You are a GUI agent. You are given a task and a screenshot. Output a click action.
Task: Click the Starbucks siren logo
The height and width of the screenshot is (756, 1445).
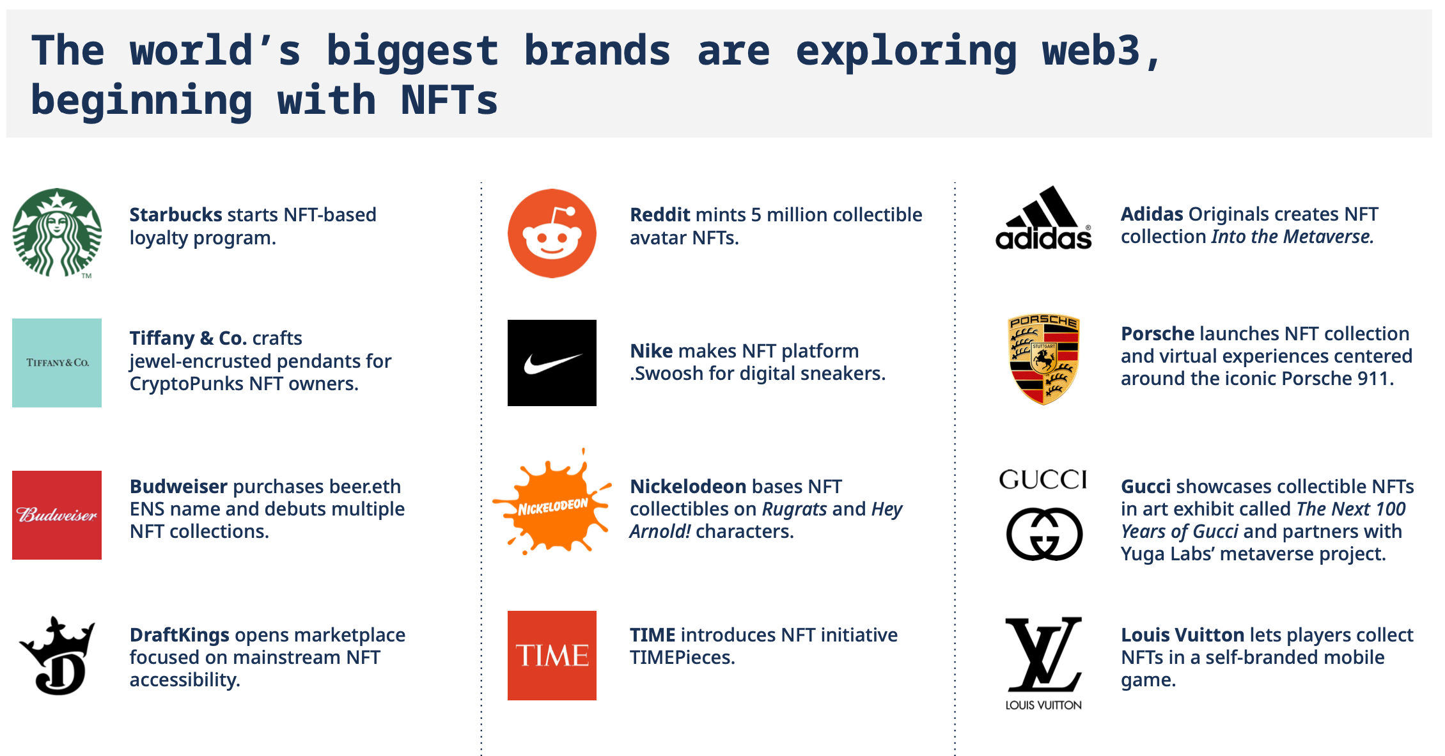[57, 232]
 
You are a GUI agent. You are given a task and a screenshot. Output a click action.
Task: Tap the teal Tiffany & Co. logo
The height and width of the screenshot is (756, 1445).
[57, 363]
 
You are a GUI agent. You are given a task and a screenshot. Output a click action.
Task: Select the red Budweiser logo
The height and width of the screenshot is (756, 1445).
[57, 515]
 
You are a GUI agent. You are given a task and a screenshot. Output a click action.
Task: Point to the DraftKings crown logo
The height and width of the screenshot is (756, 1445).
[58, 656]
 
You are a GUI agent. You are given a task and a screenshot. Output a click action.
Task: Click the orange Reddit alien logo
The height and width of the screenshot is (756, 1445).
[552, 233]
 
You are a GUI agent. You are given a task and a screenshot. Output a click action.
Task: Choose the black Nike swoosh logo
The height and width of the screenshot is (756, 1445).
[552, 363]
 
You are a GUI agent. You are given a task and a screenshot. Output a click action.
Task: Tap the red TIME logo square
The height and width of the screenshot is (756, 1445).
[552, 656]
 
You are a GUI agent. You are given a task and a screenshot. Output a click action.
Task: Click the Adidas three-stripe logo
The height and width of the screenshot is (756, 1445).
[1043, 217]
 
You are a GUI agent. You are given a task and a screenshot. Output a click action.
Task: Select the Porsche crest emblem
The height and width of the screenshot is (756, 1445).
[1043, 359]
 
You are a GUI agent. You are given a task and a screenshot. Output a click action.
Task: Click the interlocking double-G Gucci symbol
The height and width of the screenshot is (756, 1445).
[1044, 534]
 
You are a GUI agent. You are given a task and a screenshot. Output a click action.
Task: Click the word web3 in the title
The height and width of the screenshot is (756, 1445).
[1091, 51]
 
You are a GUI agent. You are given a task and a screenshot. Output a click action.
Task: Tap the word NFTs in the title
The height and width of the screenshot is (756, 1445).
[449, 100]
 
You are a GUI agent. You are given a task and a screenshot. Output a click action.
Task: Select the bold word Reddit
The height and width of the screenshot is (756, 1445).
[661, 214]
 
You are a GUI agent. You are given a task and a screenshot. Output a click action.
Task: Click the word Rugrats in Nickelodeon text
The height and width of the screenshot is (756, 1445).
[795, 509]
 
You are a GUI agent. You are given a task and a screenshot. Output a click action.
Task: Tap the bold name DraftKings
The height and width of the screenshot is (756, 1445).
[180, 635]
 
